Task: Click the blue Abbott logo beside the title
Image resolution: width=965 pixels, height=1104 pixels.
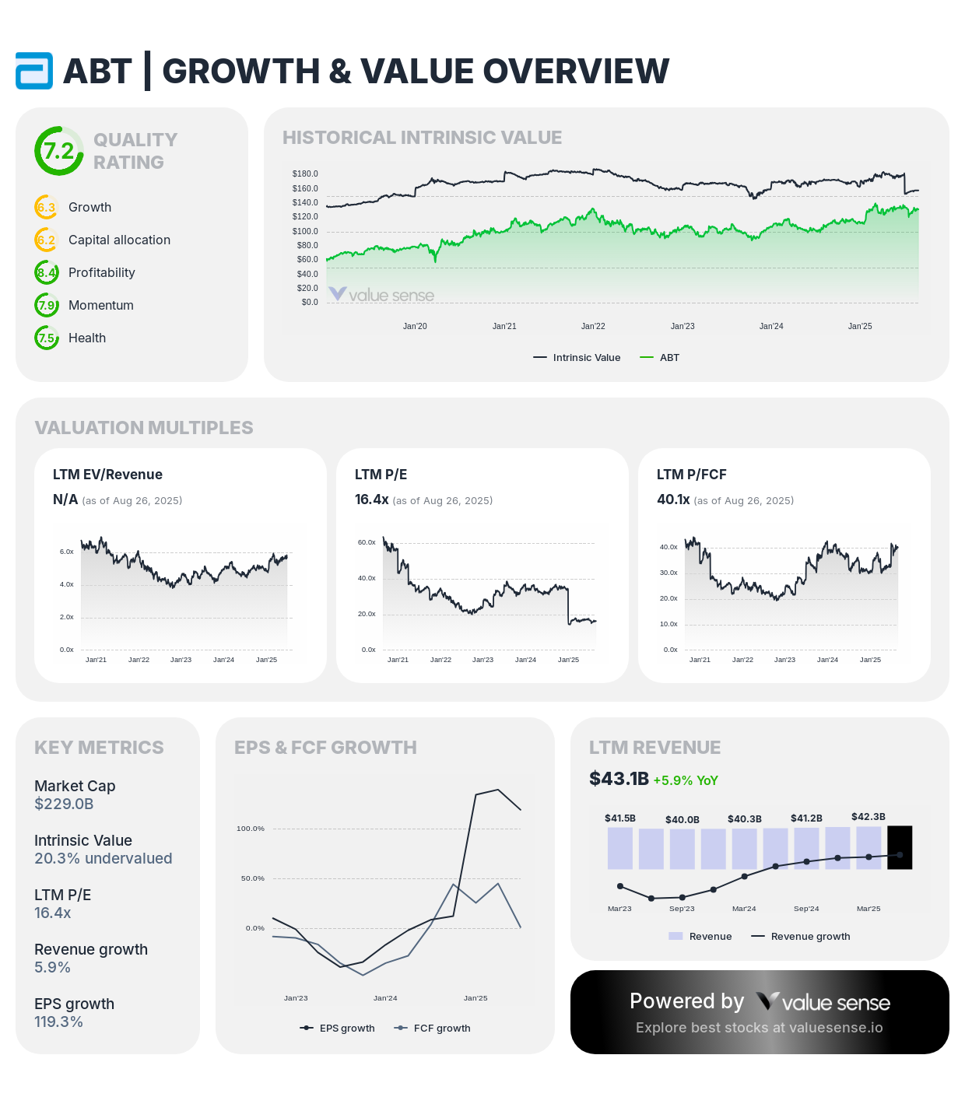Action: (34, 71)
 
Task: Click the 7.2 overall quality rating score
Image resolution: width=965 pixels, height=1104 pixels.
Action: (59, 151)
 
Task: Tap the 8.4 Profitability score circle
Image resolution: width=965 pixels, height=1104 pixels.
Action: (47, 272)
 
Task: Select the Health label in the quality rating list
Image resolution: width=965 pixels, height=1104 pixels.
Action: (87, 338)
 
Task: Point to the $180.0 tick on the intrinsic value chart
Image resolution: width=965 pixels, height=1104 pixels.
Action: (305, 173)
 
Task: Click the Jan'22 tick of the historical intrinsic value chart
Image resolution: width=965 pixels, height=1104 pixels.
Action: (593, 326)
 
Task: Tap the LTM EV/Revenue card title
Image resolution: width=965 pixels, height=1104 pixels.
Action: (107, 475)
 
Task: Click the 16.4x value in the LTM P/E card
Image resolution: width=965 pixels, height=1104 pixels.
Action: (371, 499)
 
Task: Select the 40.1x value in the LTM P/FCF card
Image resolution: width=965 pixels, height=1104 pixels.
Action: (673, 499)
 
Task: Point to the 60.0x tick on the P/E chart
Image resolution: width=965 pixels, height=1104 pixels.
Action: (367, 542)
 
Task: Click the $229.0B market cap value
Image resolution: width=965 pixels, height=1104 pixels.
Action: (64, 804)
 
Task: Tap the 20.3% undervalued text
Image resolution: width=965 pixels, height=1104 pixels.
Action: (104, 858)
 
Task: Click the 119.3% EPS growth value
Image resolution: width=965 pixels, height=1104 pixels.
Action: (58, 1022)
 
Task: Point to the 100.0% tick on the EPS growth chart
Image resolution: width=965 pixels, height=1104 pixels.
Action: (251, 829)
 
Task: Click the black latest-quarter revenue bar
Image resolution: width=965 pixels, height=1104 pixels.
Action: (900, 847)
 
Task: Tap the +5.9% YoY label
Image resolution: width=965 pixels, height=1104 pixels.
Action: (686, 780)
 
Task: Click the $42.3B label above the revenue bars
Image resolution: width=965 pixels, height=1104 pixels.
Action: (868, 817)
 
